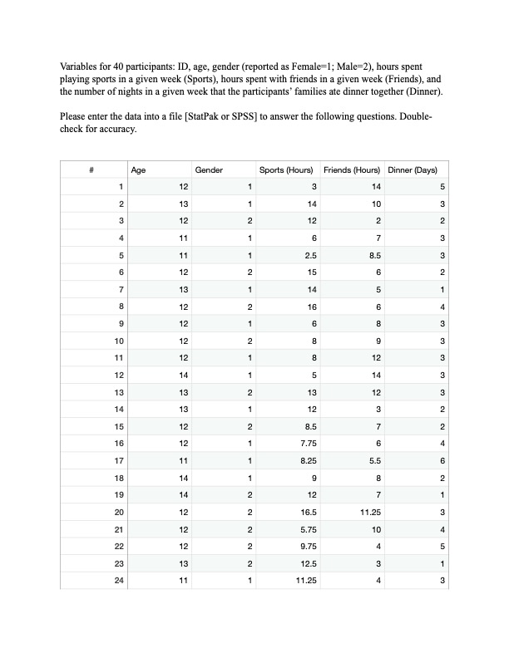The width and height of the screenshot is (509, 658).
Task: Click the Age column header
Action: (x=138, y=170)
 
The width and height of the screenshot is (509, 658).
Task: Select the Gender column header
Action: (x=208, y=170)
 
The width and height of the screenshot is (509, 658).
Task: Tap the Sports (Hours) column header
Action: (x=285, y=170)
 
